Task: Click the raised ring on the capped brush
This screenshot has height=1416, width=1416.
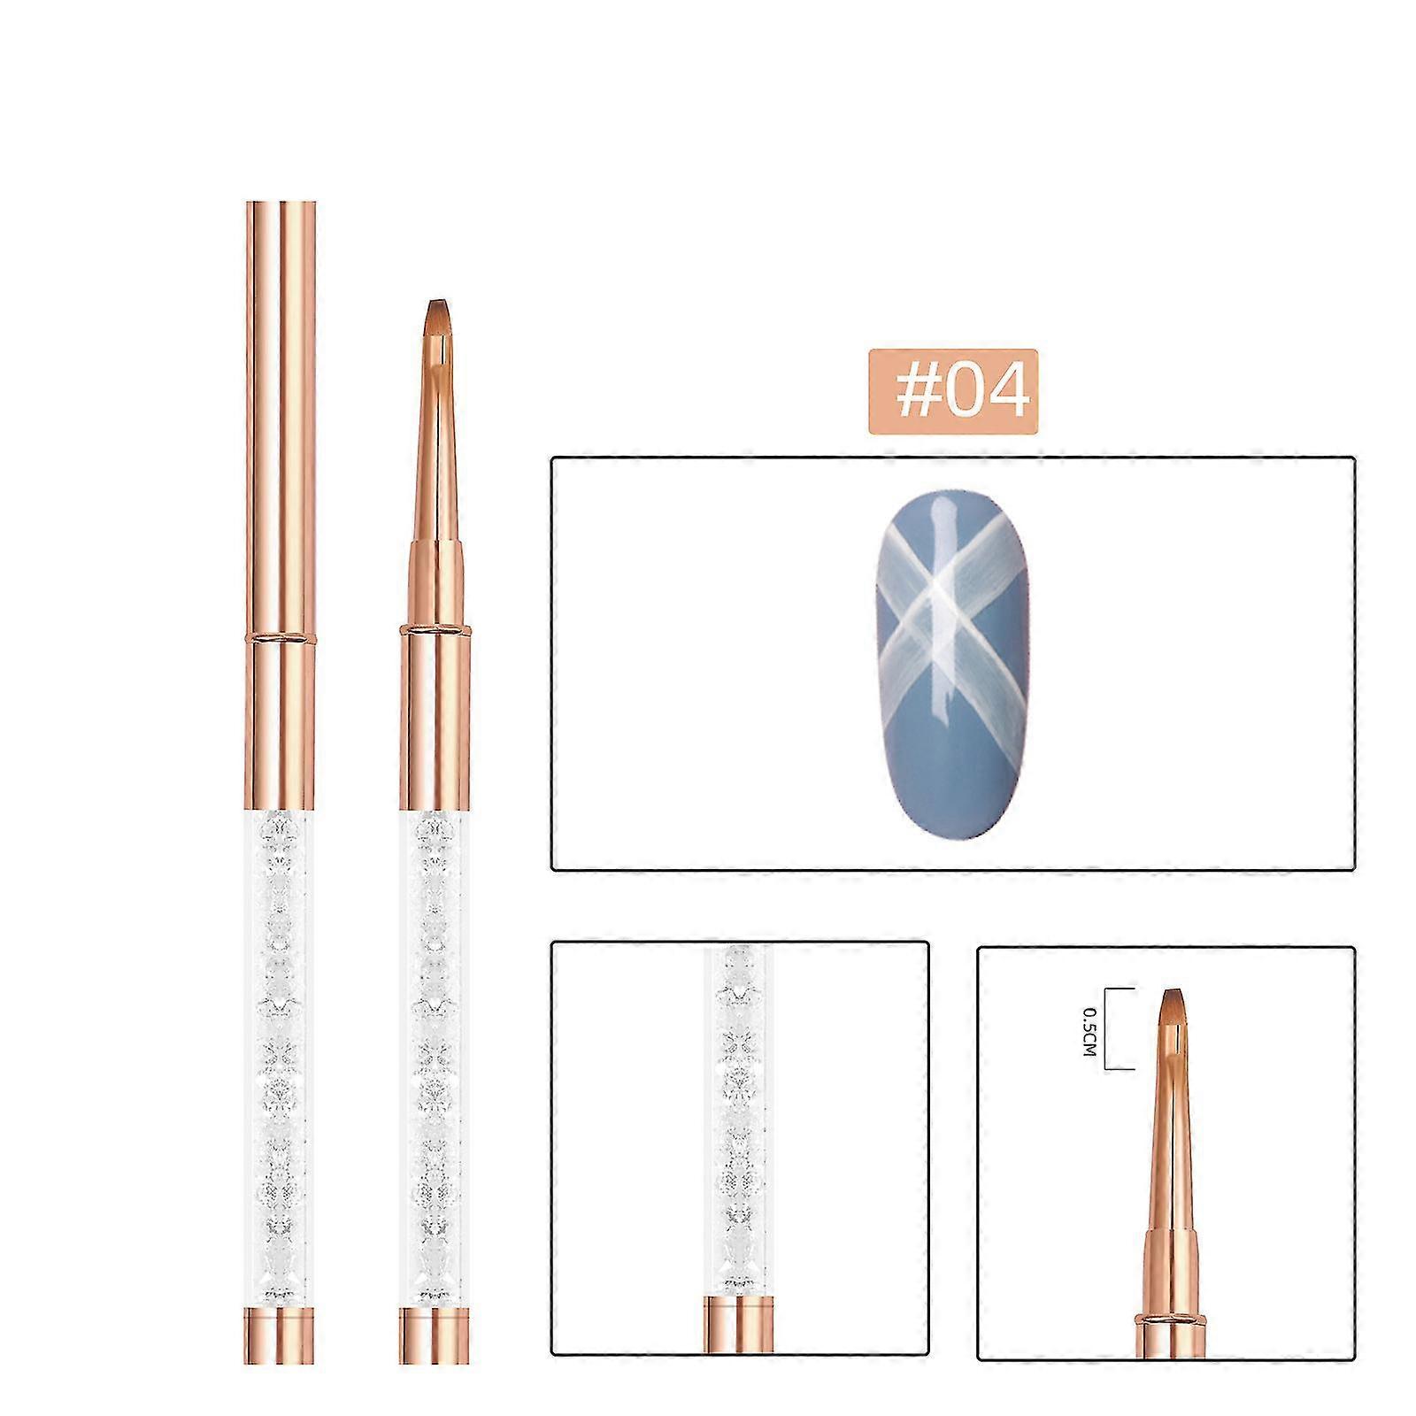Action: (x=280, y=636)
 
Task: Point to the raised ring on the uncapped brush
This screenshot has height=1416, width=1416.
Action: (x=435, y=629)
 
